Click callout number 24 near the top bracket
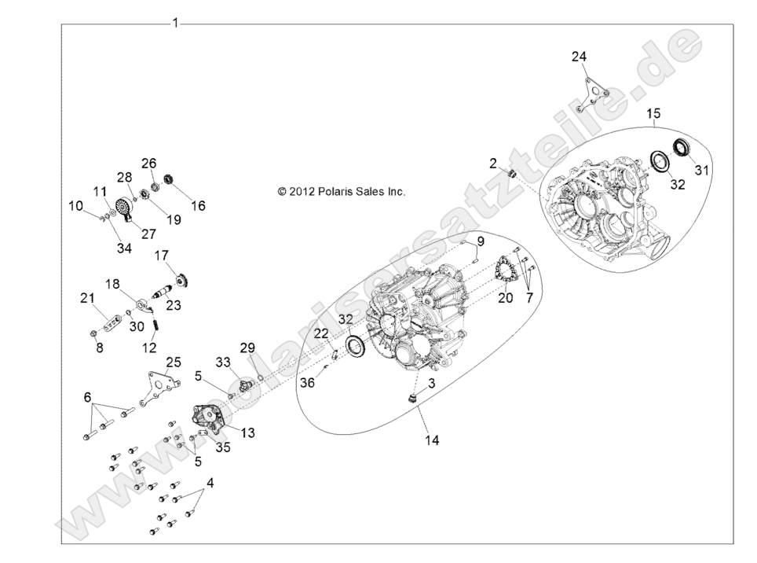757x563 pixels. coord(579,56)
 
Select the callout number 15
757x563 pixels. coord(653,115)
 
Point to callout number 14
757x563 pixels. coord(432,440)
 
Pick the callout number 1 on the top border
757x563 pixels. coord(175,23)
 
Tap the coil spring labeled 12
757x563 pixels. coord(155,322)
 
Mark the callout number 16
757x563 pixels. coord(198,205)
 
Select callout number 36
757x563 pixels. coord(308,381)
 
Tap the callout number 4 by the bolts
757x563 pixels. coord(210,481)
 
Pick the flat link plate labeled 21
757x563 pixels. coord(112,322)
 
